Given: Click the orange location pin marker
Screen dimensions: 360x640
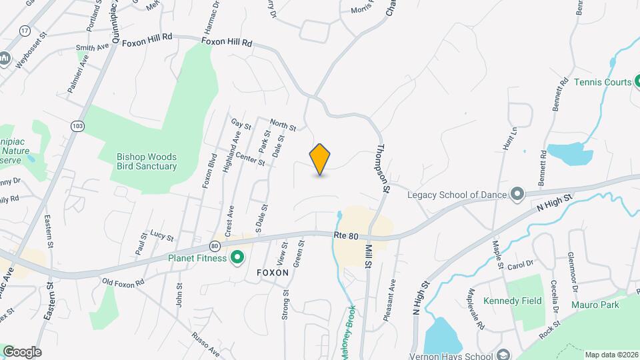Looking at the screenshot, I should point(320,159).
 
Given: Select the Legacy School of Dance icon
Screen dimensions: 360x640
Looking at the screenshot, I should point(517,194).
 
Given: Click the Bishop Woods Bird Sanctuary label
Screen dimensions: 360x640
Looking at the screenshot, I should point(147,161).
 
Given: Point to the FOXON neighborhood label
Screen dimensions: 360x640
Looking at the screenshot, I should point(273,273).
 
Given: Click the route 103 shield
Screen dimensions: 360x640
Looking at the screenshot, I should point(79,125).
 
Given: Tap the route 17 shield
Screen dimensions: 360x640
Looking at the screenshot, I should point(25,31).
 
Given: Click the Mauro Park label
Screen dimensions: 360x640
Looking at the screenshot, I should point(595,305).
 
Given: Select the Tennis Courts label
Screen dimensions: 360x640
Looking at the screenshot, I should point(603,83).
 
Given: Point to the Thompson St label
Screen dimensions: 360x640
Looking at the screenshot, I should point(383,169).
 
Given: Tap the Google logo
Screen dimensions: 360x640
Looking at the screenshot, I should point(22,351).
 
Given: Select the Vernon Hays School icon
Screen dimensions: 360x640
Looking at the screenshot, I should point(503,353).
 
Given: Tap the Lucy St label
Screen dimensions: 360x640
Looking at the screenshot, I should point(161,237).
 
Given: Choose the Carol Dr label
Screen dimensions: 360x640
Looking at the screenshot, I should point(521,265).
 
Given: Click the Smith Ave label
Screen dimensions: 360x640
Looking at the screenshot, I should point(92,48).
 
